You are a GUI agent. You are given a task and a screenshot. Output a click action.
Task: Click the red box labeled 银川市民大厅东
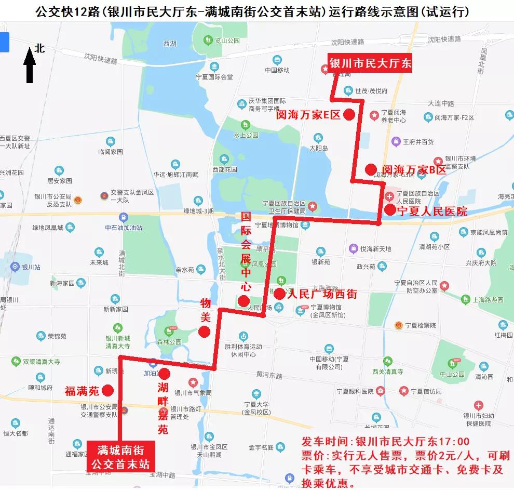(370, 63)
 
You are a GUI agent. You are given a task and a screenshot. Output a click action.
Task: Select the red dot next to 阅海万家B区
(370, 169)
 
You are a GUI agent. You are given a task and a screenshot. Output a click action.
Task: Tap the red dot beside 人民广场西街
(279, 294)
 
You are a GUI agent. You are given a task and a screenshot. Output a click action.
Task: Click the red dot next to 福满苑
(108, 390)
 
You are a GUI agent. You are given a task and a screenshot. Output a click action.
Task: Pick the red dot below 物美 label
(205, 332)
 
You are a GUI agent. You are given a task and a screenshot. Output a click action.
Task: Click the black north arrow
(30, 65)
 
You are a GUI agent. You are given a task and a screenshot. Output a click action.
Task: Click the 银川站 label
(31, 268)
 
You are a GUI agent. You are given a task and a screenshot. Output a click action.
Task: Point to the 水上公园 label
(246, 135)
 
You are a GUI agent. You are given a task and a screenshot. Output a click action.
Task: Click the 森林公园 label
(171, 342)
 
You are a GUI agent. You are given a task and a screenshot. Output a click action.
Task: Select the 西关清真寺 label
(387, 372)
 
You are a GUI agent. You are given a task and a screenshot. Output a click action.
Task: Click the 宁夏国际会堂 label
(213, 77)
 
